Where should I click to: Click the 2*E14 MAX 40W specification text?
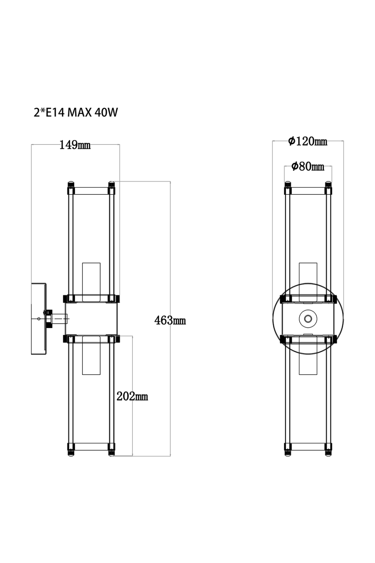(x=76, y=112)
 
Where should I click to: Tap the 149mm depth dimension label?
(x=75, y=145)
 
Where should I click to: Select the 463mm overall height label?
(x=170, y=321)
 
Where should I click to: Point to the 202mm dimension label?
(x=132, y=396)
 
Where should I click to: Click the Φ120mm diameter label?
(x=307, y=142)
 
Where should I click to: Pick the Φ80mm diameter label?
(x=307, y=166)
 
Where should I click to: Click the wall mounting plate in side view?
(x=38, y=319)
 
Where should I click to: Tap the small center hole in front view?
(x=308, y=319)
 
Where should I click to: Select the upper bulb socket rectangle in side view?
(x=91, y=280)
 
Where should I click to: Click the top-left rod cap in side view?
(x=70, y=185)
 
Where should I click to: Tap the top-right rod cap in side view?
(x=111, y=185)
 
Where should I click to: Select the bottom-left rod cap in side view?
(x=70, y=450)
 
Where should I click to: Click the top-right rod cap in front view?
(x=328, y=185)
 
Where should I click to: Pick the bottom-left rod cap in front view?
(x=288, y=450)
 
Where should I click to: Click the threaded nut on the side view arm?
(x=49, y=319)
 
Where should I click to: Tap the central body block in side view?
(x=91, y=319)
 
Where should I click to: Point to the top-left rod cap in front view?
(x=288, y=185)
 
